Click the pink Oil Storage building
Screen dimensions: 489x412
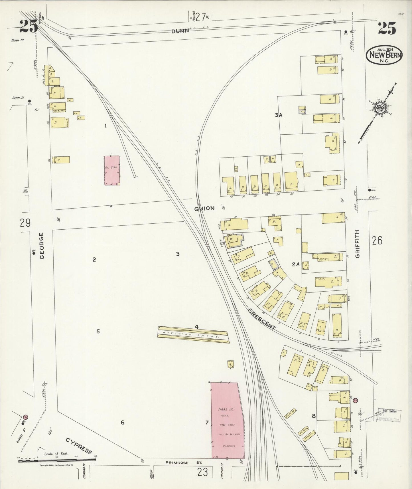coord(111,170)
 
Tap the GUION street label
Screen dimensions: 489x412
coord(204,208)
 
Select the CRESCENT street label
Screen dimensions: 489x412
coord(261,319)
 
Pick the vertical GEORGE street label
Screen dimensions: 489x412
coord(42,246)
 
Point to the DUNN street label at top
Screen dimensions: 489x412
coord(180,31)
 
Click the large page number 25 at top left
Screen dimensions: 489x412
coord(29,27)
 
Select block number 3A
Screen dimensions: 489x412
coord(279,115)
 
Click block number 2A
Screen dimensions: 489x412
coord(296,264)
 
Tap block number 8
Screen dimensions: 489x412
coord(313,416)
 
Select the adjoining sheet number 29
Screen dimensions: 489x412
coord(25,223)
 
